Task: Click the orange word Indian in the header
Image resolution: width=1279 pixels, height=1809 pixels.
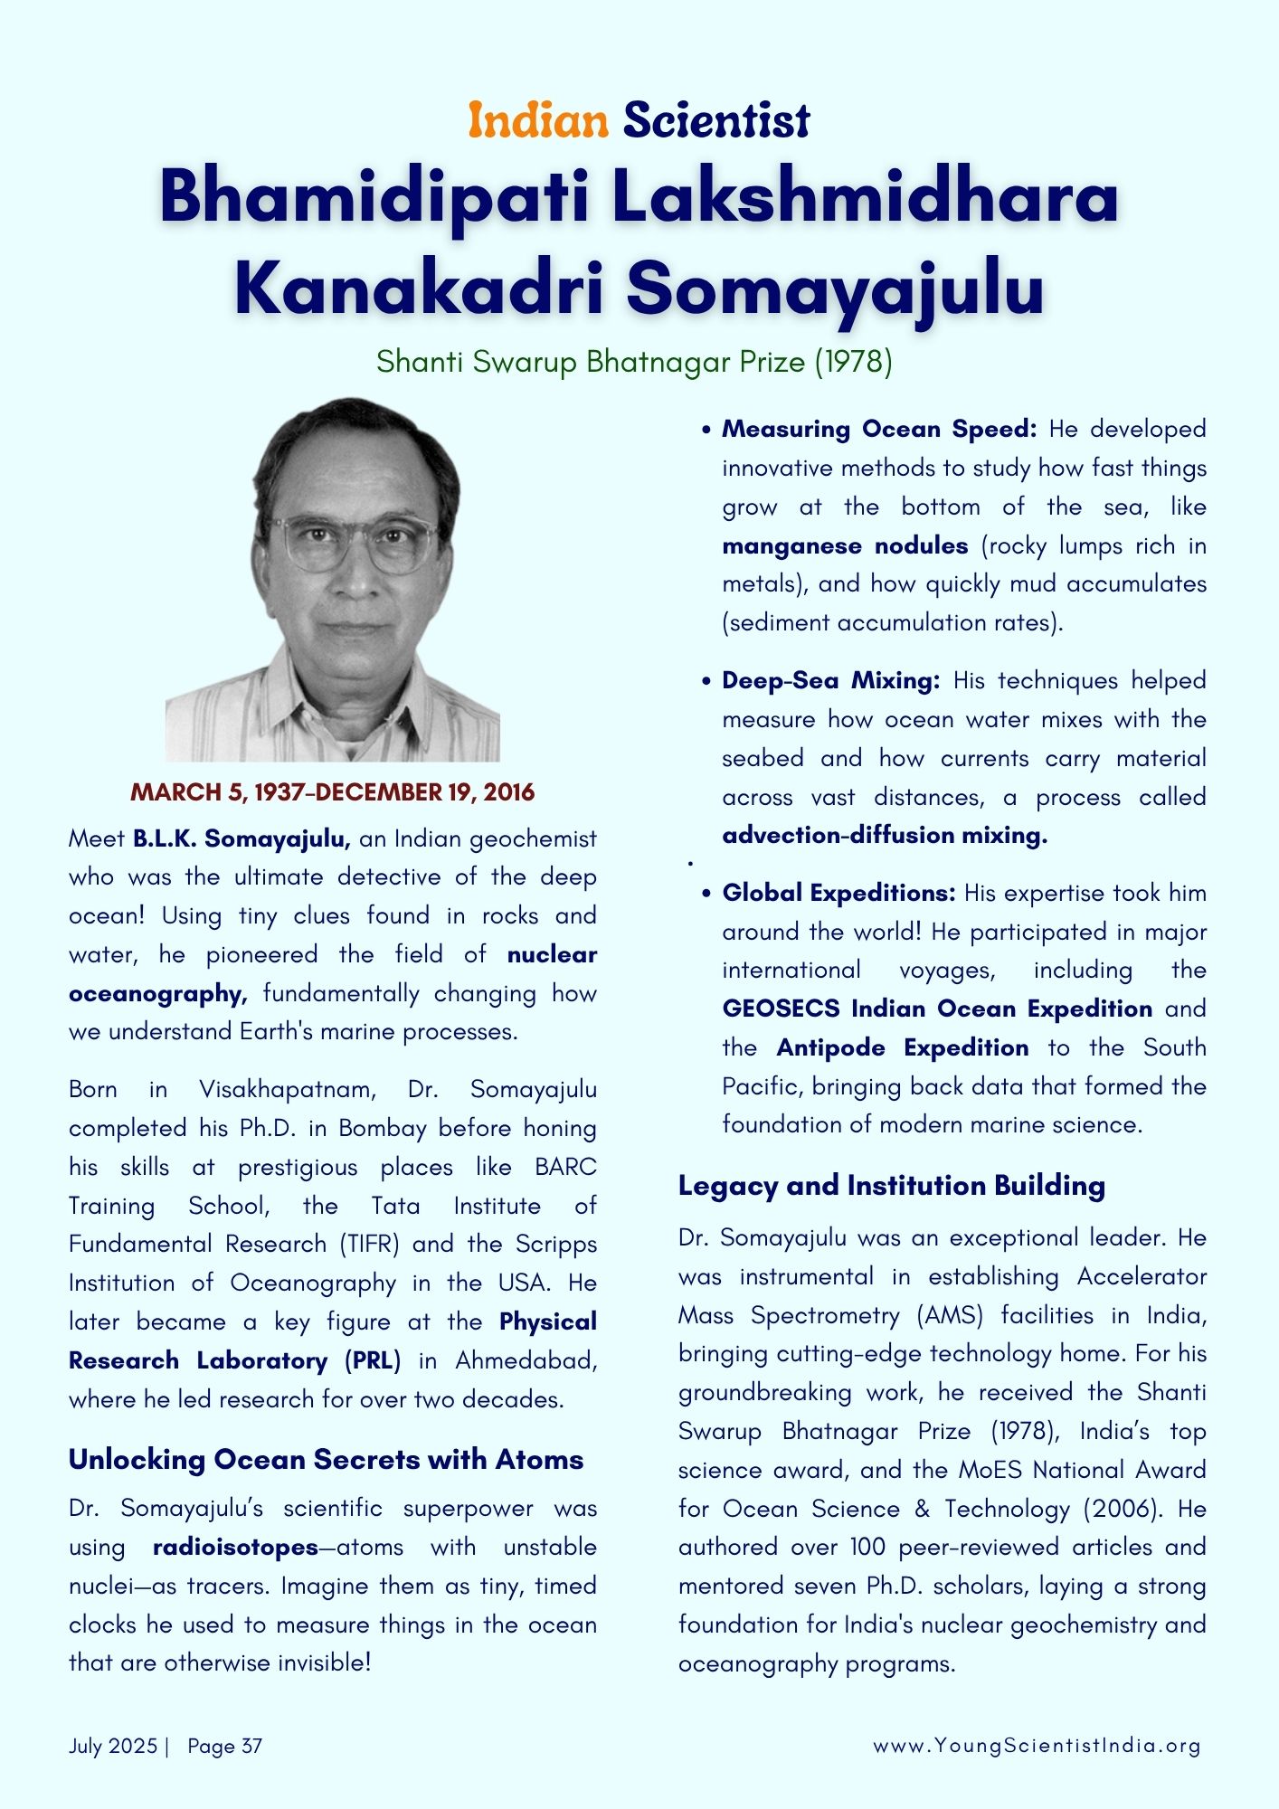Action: click(x=537, y=120)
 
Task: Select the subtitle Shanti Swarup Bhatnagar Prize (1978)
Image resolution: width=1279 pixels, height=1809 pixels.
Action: click(x=634, y=362)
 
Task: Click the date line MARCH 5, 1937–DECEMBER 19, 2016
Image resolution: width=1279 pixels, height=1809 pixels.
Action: click(x=333, y=792)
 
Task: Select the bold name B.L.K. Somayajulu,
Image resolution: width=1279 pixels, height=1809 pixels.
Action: click(x=242, y=838)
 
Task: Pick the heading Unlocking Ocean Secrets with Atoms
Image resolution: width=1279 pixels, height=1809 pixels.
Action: click(x=326, y=1459)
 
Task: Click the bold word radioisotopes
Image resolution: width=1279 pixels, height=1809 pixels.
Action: click(x=235, y=1547)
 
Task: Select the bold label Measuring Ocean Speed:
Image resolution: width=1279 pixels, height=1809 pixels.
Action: click(x=878, y=429)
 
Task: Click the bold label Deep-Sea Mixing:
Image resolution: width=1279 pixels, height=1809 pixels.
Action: click(x=830, y=680)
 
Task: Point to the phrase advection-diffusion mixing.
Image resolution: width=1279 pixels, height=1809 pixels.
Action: click(x=884, y=835)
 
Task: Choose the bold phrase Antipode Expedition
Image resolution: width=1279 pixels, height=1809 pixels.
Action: click(x=902, y=1047)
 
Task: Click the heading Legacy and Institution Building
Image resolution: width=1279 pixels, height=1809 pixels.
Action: click(x=891, y=1185)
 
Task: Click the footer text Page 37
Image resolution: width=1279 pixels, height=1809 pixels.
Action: click(x=224, y=1746)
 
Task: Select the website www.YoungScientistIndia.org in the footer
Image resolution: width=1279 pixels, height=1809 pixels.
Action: click(x=1036, y=1746)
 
